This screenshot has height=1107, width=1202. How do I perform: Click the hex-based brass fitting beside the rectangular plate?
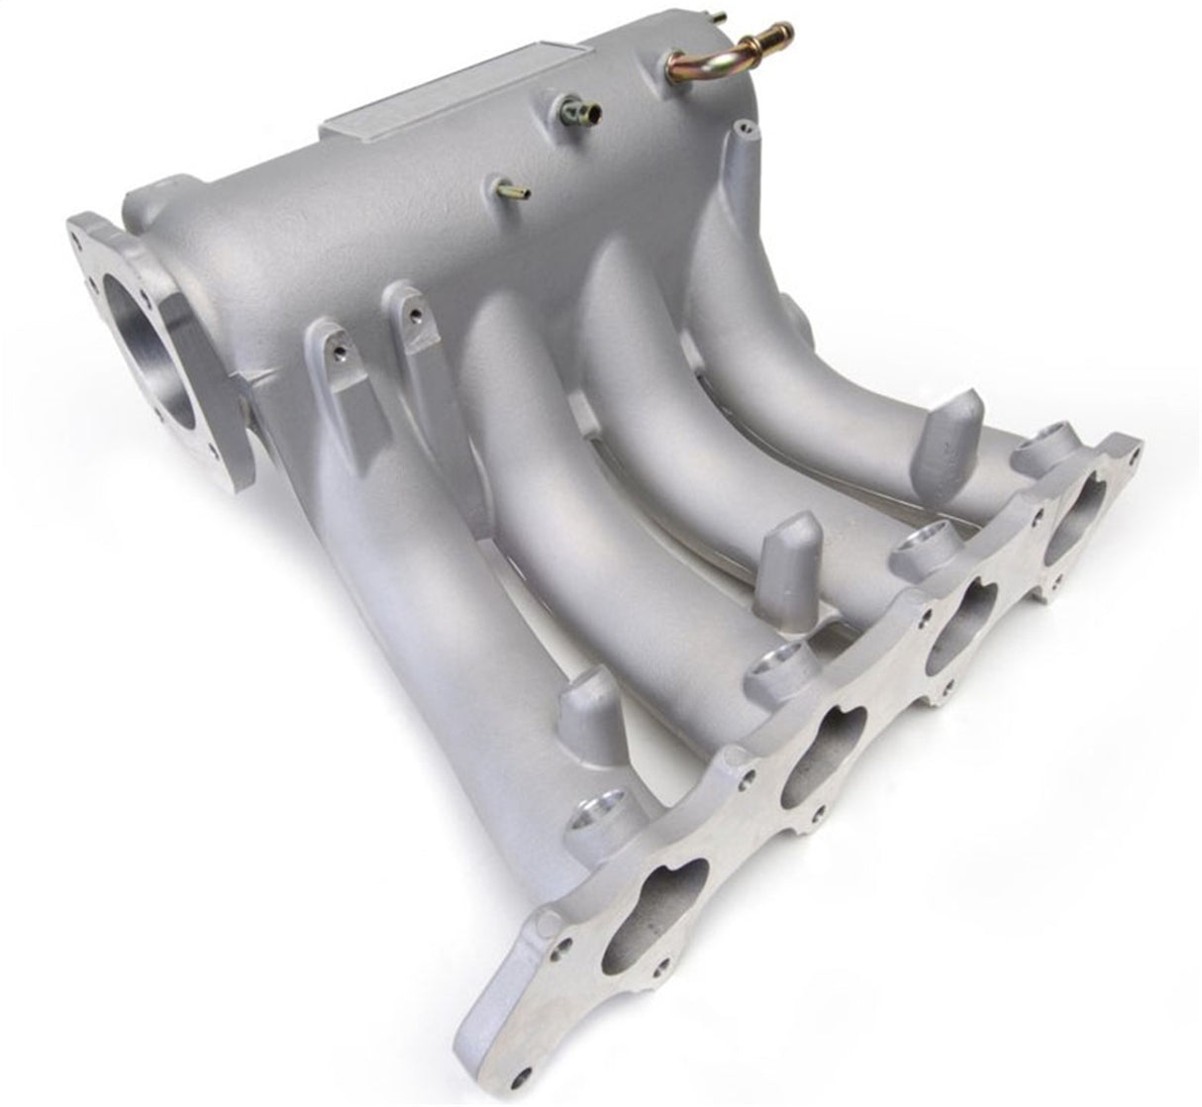click(x=580, y=112)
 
